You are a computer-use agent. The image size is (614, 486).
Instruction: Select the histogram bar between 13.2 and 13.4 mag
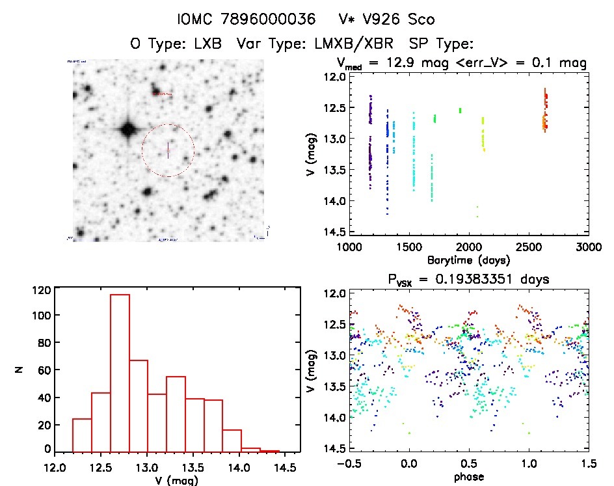click(x=176, y=414)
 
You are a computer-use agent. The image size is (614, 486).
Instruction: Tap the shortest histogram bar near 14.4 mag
click(x=269, y=451)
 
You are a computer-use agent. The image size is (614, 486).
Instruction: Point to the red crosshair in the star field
click(x=168, y=150)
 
